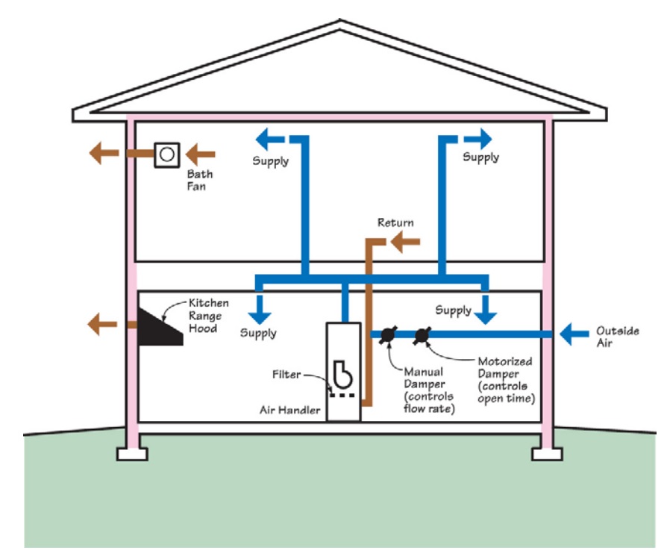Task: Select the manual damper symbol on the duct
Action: click(x=387, y=335)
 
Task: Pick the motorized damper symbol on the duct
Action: click(x=422, y=335)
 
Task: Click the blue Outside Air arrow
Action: click(x=573, y=334)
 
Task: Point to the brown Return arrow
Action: click(x=405, y=241)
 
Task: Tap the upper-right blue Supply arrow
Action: click(x=478, y=138)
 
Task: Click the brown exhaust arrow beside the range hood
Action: click(x=101, y=324)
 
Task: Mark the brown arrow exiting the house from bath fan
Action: click(x=102, y=154)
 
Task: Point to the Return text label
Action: click(x=395, y=222)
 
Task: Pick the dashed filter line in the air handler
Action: click(x=342, y=394)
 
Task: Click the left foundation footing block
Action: click(x=132, y=453)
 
